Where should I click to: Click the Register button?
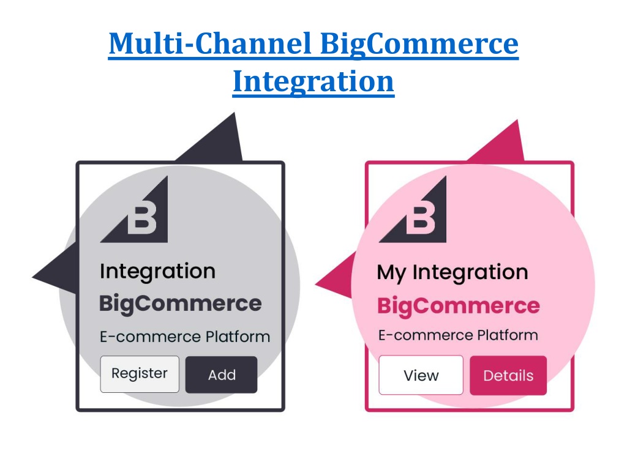[140, 374]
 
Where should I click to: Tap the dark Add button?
[222, 375]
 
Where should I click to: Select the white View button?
[421, 375]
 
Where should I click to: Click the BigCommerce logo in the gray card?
[134, 209]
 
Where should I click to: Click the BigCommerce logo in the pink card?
[413, 209]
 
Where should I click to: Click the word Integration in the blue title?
[313, 81]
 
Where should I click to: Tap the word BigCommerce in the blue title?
[419, 44]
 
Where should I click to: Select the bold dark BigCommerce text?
[181, 304]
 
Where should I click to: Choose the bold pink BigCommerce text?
[459, 306]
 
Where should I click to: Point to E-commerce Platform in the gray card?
[185, 337]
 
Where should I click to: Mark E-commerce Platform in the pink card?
[458, 335]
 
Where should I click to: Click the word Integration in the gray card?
[157, 272]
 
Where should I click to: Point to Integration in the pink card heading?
[470, 272]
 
